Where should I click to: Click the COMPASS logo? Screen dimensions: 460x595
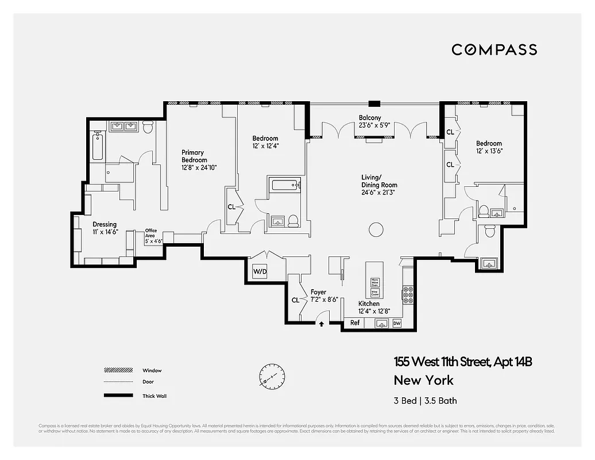494,49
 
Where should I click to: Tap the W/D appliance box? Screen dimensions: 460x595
260,271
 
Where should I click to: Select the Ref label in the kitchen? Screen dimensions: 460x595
355,323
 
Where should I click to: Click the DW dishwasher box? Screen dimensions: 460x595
396,324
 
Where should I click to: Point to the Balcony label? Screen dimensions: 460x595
370,118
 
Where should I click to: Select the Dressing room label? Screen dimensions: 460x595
105,224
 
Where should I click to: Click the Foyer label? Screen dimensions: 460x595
318,292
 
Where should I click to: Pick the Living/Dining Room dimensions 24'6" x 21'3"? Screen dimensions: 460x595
379,193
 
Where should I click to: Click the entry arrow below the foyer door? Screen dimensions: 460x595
321,324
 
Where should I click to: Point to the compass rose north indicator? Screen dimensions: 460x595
271,375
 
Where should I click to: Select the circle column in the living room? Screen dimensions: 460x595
376,229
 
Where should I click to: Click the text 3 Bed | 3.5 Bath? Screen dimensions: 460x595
425,401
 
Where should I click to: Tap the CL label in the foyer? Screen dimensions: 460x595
295,300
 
